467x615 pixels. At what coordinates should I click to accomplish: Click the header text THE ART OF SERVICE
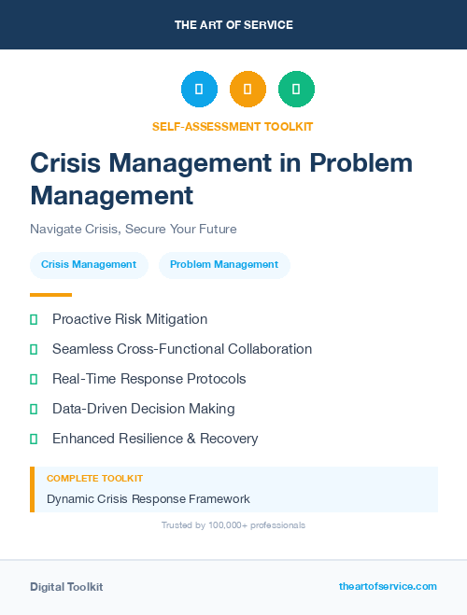coord(233,25)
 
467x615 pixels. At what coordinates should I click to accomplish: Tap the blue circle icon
coord(199,90)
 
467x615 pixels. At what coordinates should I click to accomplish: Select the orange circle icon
coord(248,90)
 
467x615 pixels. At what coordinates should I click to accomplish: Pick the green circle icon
coord(296,90)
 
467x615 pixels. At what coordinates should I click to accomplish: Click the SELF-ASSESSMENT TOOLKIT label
coord(233,126)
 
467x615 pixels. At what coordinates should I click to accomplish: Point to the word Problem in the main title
coord(361,162)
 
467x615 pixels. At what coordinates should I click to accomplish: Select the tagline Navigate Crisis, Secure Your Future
coord(133,229)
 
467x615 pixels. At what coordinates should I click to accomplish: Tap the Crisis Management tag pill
coord(89,264)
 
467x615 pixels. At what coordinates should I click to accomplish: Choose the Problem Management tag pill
coord(224,264)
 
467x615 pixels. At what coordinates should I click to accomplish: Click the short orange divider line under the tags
coord(50,295)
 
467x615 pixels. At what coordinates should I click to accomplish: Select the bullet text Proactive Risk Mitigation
coord(130,319)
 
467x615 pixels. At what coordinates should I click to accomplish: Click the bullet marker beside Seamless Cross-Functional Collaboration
coord(34,349)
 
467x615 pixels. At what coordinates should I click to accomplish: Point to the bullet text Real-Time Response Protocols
coord(149,379)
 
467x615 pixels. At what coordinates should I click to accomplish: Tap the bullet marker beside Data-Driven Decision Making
coord(34,409)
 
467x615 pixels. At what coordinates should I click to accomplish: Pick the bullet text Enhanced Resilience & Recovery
coord(155,439)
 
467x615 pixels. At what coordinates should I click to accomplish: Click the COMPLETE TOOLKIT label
coord(94,479)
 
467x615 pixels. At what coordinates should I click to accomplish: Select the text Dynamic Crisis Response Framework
coord(149,499)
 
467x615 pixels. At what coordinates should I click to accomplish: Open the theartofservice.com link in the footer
coord(388,586)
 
